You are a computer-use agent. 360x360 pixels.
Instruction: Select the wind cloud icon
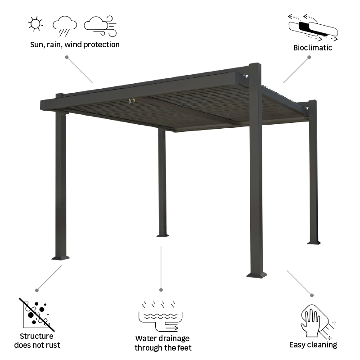click(100, 26)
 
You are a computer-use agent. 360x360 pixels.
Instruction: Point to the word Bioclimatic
click(312, 47)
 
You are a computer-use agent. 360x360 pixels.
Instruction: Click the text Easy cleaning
click(313, 345)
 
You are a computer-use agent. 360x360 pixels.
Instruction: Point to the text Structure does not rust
click(37, 341)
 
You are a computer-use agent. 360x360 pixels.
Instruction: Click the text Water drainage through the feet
click(162, 343)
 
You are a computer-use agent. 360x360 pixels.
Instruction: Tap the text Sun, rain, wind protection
click(75, 45)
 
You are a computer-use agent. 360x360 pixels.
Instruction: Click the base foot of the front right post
click(256, 273)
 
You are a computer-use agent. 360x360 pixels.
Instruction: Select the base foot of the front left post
click(61, 258)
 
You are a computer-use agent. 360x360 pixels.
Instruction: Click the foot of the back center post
click(162, 234)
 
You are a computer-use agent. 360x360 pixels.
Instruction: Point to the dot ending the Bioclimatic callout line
click(309, 57)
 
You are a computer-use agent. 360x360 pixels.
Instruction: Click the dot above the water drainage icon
click(161, 290)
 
